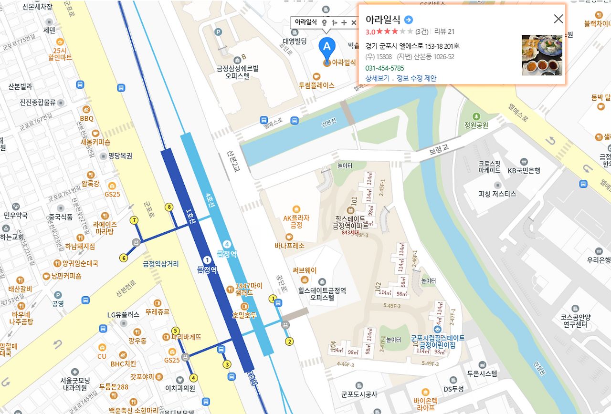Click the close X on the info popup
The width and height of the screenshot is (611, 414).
click(x=558, y=19)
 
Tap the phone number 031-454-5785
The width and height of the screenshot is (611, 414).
click(x=384, y=68)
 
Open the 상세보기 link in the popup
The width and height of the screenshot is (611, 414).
click(x=377, y=78)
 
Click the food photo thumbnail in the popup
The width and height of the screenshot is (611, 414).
click(x=542, y=55)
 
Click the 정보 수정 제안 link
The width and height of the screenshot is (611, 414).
click(x=416, y=78)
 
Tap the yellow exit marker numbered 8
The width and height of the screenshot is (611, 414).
click(x=169, y=207)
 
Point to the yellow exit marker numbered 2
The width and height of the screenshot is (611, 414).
click(x=289, y=341)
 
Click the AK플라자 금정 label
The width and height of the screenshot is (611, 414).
click(x=296, y=221)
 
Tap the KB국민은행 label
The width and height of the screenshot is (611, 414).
click(x=524, y=170)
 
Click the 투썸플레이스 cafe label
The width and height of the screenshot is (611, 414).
click(x=316, y=85)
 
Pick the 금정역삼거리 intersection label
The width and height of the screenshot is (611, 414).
click(x=161, y=263)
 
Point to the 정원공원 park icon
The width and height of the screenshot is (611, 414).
click(x=476, y=116)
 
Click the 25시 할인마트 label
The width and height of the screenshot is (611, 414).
click(x=60, y=54)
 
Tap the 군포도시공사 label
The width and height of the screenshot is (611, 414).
click(x=359, y=394)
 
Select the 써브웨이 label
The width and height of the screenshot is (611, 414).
click(x=305, y=270)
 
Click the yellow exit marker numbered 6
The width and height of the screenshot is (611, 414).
click(x=124, y=258)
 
